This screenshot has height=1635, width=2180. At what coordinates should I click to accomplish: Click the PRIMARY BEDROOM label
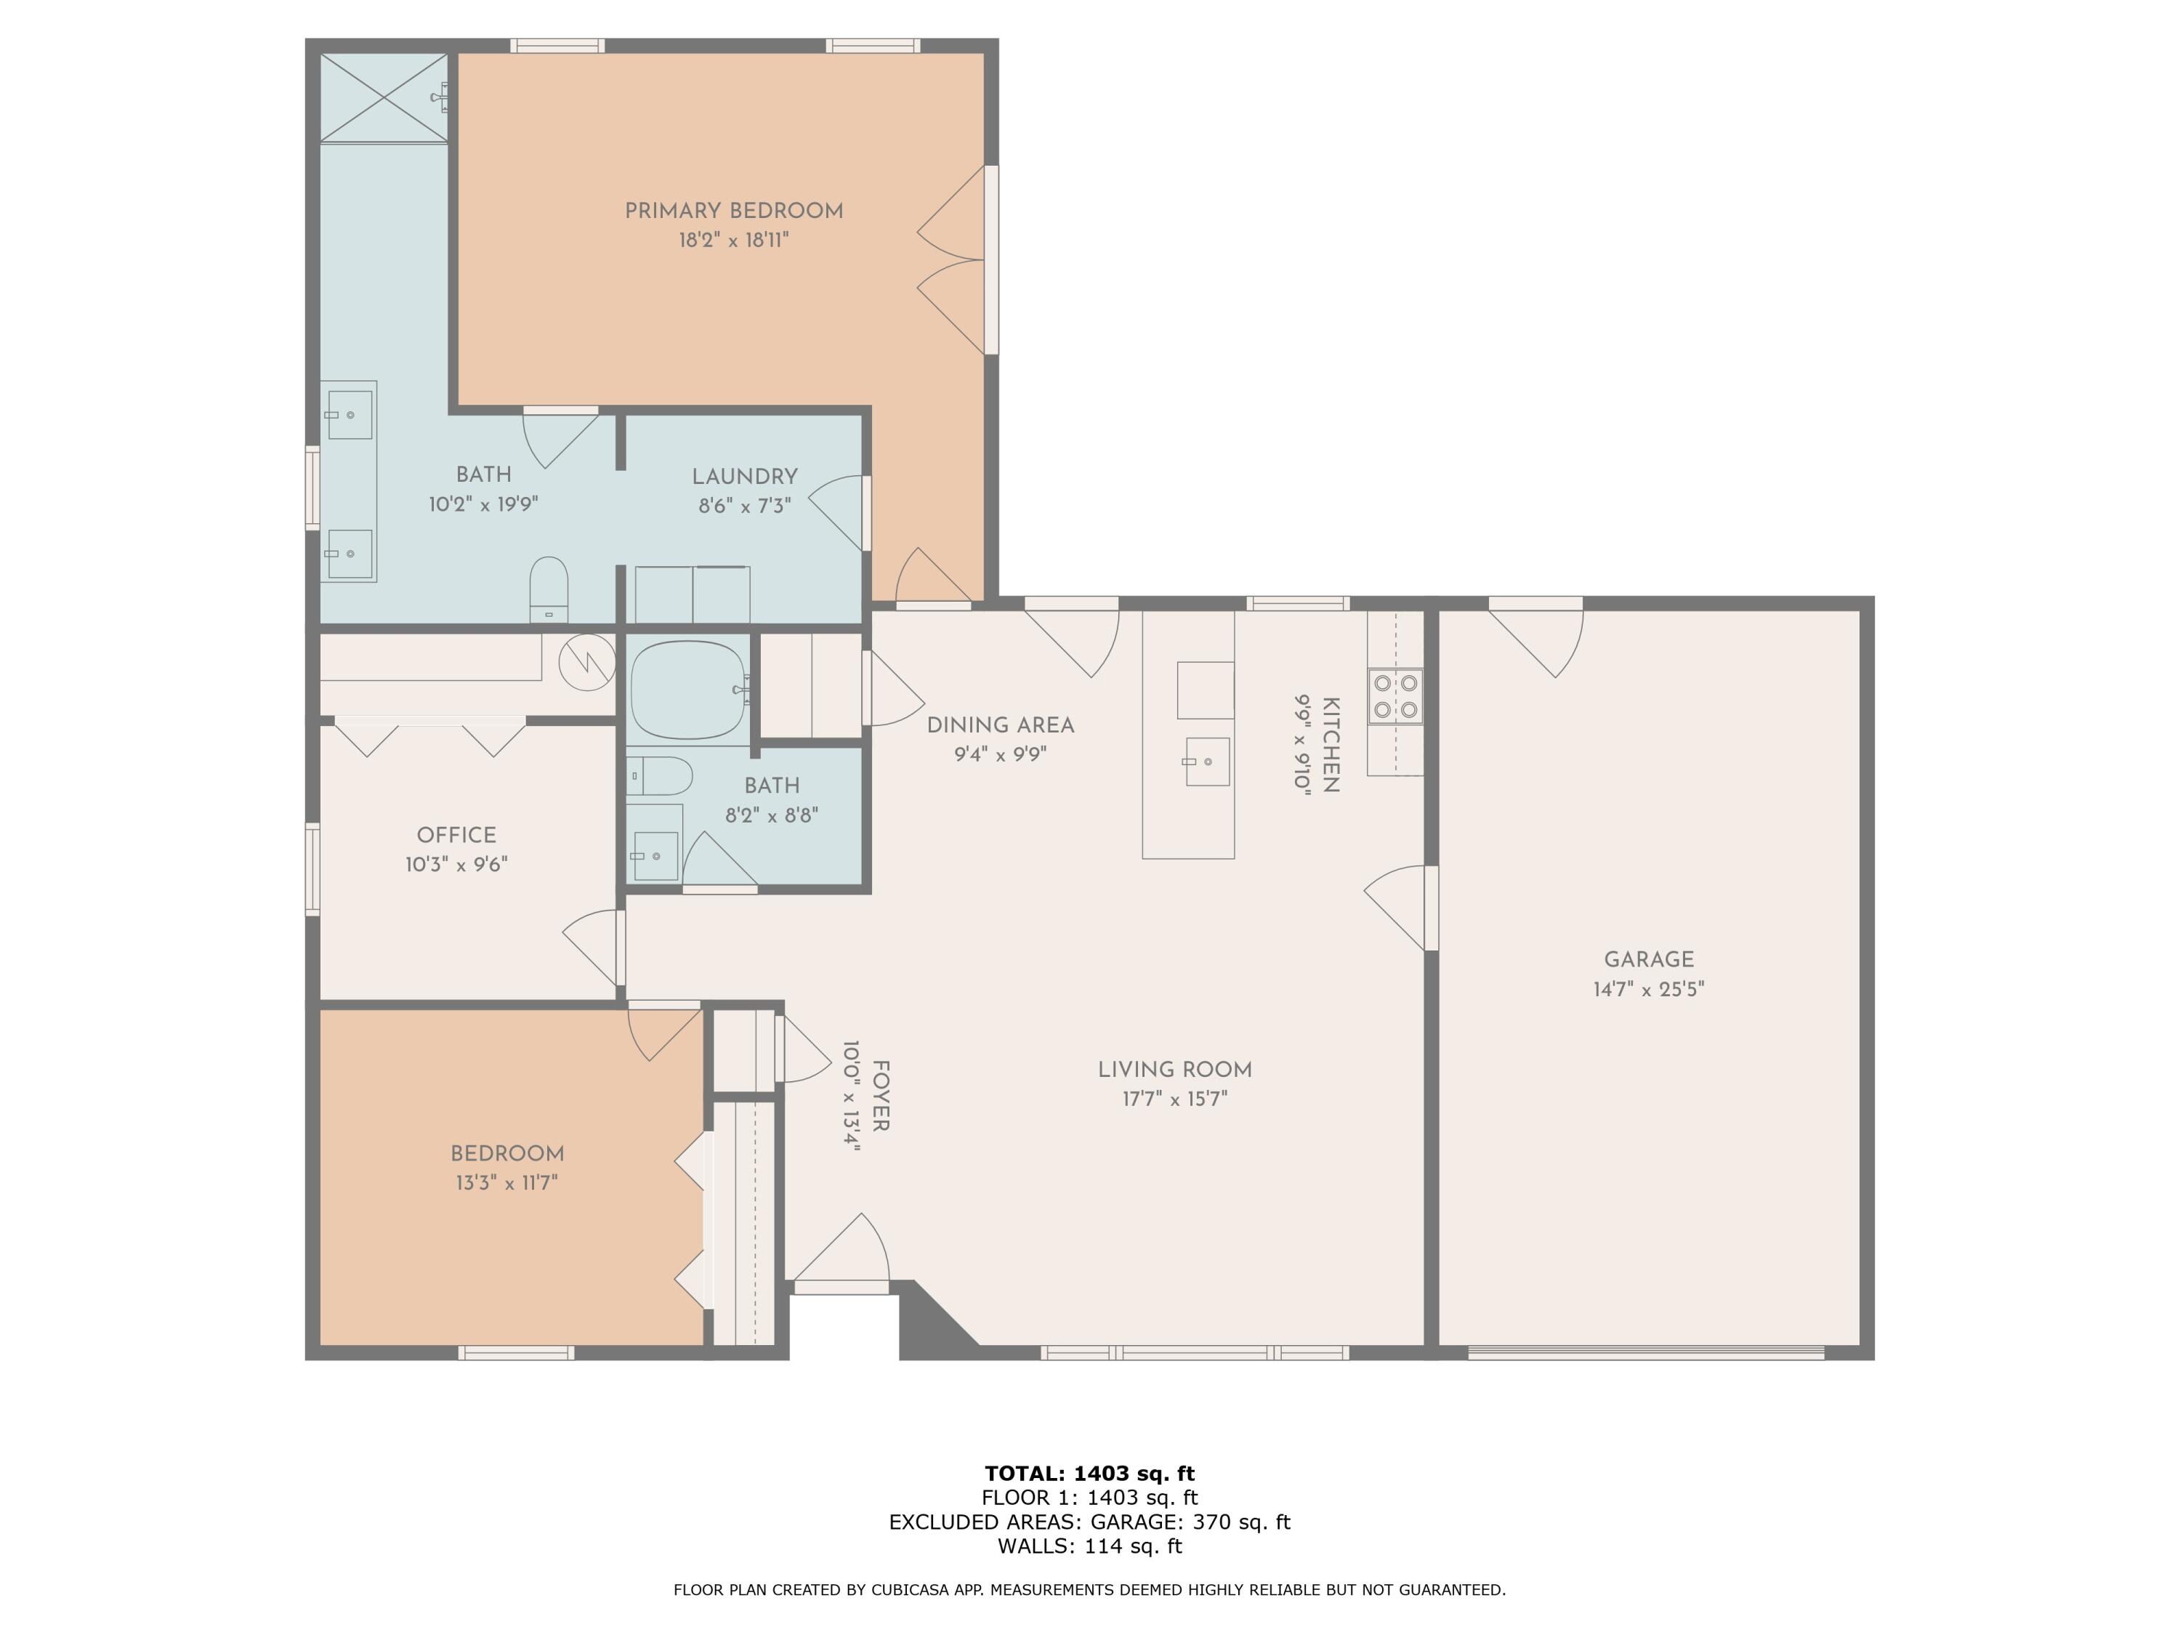point(733,211)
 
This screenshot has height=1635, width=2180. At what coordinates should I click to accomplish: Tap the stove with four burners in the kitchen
point(1395,696)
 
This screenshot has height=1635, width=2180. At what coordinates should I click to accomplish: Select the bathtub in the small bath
point(688,689)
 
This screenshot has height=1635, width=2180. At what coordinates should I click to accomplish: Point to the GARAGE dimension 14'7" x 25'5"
point(1648,988)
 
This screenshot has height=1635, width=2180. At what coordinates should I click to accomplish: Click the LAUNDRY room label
point(744,477)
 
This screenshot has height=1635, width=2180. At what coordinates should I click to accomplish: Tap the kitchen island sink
point(1206,762)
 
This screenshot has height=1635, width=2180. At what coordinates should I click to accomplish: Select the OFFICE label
point(456,835)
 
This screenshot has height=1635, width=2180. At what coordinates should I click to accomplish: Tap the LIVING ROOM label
point(1175,1070)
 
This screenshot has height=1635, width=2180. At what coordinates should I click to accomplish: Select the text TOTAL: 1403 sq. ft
point(1089,1474)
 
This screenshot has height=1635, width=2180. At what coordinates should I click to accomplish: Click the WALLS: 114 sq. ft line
point(1089,1546)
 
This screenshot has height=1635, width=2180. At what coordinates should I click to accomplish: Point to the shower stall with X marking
point(384,97)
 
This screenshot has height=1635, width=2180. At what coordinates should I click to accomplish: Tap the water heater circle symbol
point(587,661)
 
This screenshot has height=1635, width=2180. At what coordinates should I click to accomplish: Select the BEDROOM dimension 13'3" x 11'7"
point(506,1182)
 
